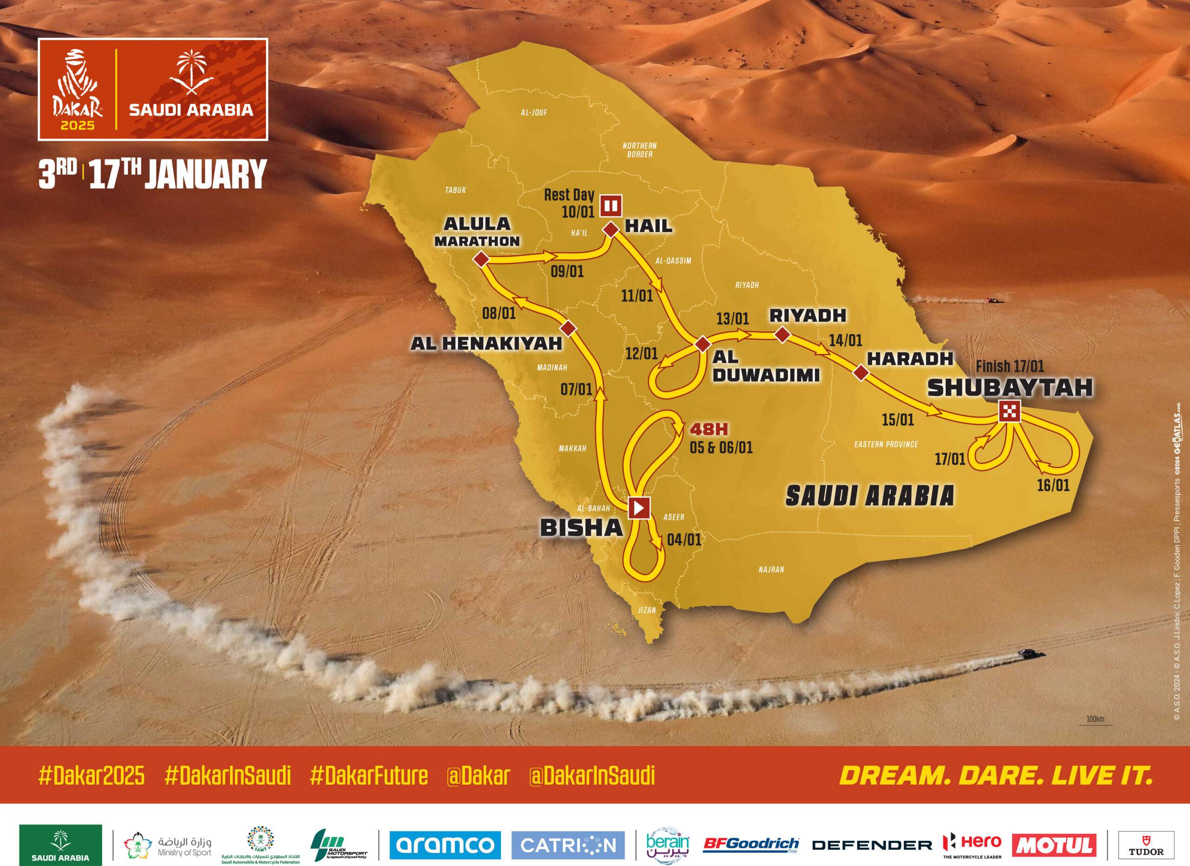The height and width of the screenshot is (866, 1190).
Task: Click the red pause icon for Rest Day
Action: tap(611, 205)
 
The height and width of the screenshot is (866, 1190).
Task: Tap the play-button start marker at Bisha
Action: tap(639, 507)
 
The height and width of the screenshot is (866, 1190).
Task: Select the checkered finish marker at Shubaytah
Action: tap(1010, 411)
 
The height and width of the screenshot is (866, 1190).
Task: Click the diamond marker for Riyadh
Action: tap(782, 335)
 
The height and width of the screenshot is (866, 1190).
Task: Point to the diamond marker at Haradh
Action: tap(860, 373)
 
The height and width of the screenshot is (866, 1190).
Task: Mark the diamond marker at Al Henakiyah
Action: tap(568, 329)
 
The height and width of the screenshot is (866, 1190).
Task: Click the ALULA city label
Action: tap(477, 224)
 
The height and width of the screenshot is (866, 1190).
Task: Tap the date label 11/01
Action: tap(636, 296)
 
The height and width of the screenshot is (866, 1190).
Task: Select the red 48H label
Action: tap(708, 429)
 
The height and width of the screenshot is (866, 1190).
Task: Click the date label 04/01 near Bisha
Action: tap(684, 540)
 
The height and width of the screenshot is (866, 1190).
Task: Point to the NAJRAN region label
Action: tap(771, 569)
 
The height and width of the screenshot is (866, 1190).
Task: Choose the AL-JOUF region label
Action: tap(534, 112)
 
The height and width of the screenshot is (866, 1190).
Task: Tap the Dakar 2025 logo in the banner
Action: tap(77, 90)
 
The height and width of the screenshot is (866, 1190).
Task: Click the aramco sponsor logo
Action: tap(444, 845)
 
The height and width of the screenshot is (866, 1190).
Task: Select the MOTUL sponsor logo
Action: tap(1054, 845)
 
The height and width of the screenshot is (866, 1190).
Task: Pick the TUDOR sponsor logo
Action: tap(1146, 845)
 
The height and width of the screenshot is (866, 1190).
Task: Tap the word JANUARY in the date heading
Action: tap(205, 174)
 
